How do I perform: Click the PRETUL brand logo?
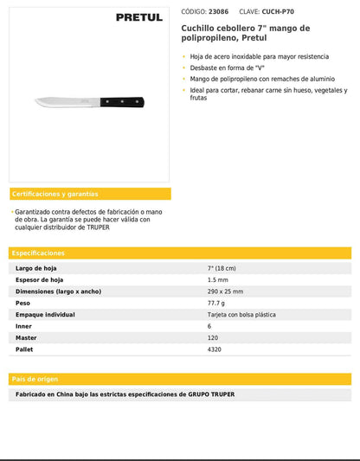click(141, 16)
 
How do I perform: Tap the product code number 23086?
click(219, 13)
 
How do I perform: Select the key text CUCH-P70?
click(269, 13)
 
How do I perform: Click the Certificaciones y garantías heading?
click(55, 194)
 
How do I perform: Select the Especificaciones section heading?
click(38, 253)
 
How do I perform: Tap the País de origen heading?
click(35, 379)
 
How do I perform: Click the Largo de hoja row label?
click(35, 268)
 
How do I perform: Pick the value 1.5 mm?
click(217, 280)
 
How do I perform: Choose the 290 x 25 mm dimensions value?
click(225, 291)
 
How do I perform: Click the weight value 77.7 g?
click(216, 304)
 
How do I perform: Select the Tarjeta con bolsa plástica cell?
click(241, 315)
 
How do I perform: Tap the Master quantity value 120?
click(213, 337)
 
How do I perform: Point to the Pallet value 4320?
click(215, 349)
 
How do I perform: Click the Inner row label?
click(23, 326)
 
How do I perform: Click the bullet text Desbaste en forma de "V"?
click(227, 67)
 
